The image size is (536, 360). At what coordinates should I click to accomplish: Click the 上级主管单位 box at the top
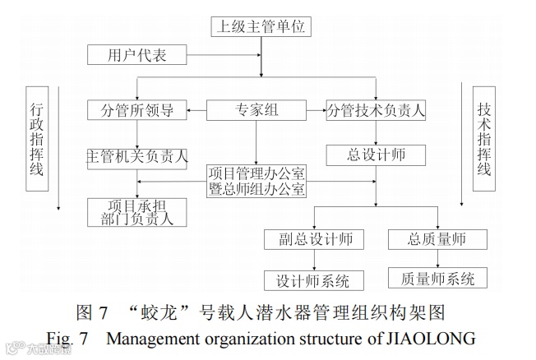[261, 27]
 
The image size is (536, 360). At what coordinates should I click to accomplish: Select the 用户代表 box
[137, 55]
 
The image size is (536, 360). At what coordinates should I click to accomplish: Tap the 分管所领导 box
[137, 109]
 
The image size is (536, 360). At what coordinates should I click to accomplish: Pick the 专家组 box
[255, 109]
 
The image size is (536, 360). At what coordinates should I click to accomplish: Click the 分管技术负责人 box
[376, 109]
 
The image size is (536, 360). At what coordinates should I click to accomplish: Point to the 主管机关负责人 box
[137, 155]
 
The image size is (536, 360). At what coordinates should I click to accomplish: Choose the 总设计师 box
[376, 154]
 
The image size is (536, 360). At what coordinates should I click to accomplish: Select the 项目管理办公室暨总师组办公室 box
[256, 181]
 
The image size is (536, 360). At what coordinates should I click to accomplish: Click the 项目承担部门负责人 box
[137, 212]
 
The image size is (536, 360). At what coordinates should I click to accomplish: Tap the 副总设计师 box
[308, 239]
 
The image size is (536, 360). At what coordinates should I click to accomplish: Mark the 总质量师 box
[437, 239]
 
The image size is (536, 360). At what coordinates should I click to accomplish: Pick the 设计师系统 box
[308, 279]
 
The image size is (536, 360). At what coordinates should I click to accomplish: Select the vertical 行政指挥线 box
[36, 137]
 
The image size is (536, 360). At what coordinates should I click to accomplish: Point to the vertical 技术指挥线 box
[483, 137]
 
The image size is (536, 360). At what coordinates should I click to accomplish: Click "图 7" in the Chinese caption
[93, 313]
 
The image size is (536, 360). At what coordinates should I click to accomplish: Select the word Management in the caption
[154, 338]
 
